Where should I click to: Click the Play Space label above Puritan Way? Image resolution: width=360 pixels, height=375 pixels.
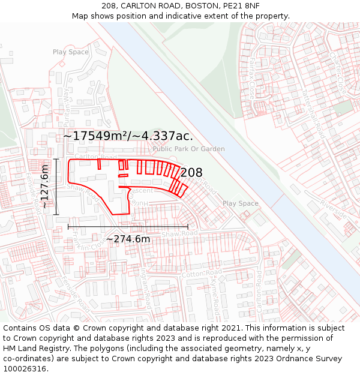point(71,52)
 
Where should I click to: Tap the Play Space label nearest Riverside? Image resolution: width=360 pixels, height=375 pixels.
point(241,203)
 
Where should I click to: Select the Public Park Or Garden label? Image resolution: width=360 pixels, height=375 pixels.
point(188,149)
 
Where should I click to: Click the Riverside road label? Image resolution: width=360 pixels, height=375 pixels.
point(334,206)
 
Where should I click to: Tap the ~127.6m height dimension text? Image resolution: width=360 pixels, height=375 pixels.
point(45,187)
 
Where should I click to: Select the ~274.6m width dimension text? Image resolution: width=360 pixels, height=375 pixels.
point(128,239)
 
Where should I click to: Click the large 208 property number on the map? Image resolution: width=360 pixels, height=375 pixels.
point(191,173)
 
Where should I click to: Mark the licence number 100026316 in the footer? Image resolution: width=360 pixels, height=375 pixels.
point(26,368)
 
